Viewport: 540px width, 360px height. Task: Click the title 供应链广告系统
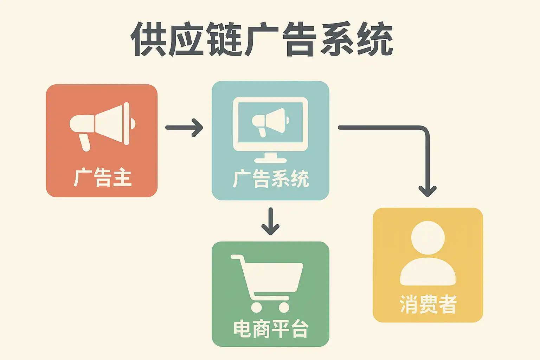click(262, 39)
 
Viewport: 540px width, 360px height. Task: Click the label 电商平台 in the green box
click(271, 329)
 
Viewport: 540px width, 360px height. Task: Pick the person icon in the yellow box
click(428, 253)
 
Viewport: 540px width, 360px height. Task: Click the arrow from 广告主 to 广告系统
click(184, 127)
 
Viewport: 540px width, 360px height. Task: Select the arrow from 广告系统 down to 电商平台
click(270, 221)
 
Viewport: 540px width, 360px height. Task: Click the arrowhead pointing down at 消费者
click(427, 191)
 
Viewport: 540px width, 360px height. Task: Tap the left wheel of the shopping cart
click(256, 307)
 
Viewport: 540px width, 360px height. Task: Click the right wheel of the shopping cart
click(284, 307)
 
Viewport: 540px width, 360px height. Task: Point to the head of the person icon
click(428, 238)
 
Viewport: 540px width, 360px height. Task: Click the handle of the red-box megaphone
click(85, 142)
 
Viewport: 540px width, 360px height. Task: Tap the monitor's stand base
click(270, 160)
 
